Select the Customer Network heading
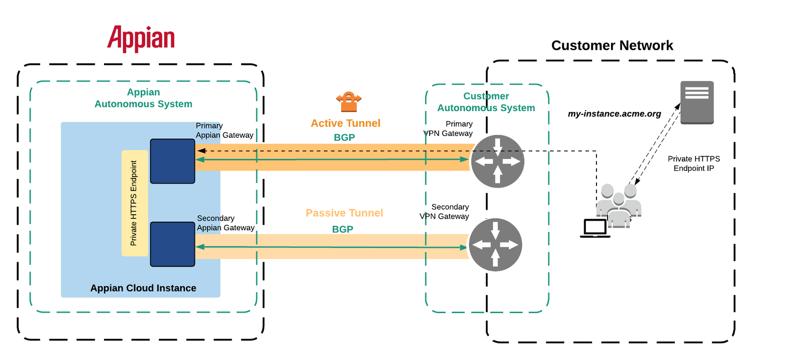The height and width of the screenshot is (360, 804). click(612, 45)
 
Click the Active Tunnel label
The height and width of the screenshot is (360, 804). click(345, 123)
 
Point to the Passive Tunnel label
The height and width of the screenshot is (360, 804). click(344, 213)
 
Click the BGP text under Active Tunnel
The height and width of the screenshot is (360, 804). click(344, 137)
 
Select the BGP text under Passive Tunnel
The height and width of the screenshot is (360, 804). click(342, 229)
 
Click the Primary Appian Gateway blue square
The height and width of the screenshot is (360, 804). click(172, 161)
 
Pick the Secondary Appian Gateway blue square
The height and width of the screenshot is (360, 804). click(172, 244)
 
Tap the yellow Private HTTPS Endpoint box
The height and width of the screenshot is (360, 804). click(134, 203)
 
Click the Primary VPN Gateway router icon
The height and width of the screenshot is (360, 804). click(497, 161)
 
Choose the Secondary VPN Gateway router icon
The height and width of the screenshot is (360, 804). click(495, 245)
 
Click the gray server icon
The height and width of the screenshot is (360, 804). click(697, 102)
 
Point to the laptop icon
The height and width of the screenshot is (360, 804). click(595, 228)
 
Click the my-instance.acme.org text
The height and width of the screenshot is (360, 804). click(614, 114)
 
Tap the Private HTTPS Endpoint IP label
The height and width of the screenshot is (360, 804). click(693, 163)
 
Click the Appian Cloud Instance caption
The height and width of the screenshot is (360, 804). click(143, 288)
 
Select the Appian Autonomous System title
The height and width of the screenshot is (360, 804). click(143, 98)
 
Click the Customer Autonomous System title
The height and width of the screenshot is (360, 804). click(486, 102)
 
